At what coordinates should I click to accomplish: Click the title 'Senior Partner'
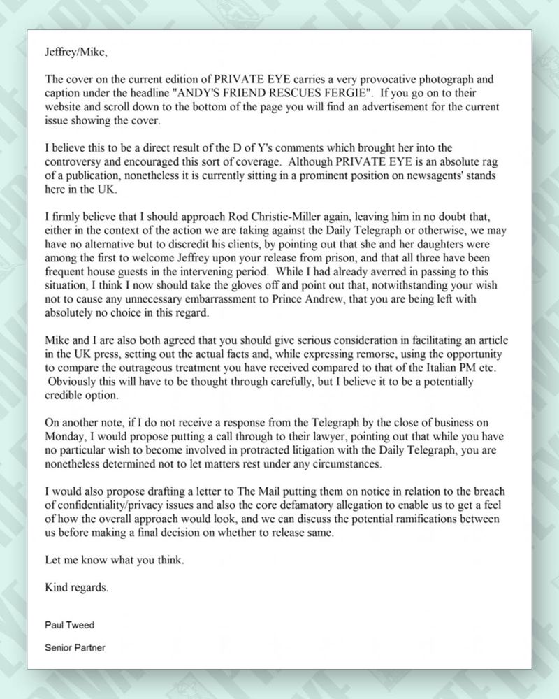coord(75,648)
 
